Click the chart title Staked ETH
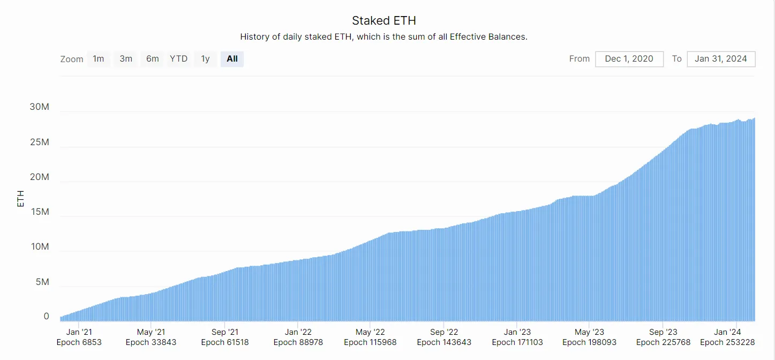383,21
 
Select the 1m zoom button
99,58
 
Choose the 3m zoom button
126,58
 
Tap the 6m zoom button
153,58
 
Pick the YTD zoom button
179,58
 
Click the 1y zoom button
205,58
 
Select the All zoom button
232,58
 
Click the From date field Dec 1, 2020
629,59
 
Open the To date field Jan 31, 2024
720,59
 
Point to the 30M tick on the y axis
39,107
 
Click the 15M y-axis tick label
39,212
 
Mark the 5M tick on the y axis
42,282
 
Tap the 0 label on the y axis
47,317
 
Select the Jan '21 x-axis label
79,332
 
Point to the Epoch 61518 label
225,342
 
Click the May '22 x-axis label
371,332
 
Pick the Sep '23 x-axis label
663,332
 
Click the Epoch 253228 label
727,342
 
